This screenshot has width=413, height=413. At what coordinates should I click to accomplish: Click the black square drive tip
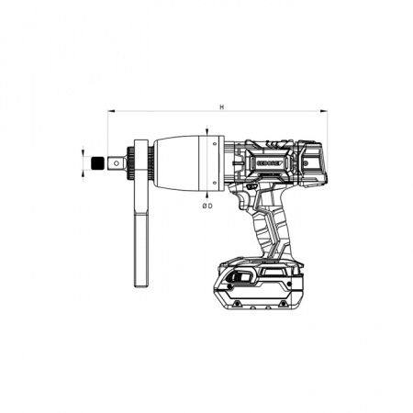click(x=96, y=163)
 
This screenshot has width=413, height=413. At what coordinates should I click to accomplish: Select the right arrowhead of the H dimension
click(x=324, y=113)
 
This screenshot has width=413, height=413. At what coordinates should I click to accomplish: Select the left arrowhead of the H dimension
click(x=110, y=113)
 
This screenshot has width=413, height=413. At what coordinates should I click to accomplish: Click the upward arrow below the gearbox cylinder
click(x=211, y=192)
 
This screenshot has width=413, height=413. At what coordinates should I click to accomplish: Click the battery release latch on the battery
click(x=240, y=279)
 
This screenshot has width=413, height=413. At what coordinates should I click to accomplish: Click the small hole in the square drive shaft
click(x=116, y=163)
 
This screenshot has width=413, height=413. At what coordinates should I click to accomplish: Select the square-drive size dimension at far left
click(x=84, y=163)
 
